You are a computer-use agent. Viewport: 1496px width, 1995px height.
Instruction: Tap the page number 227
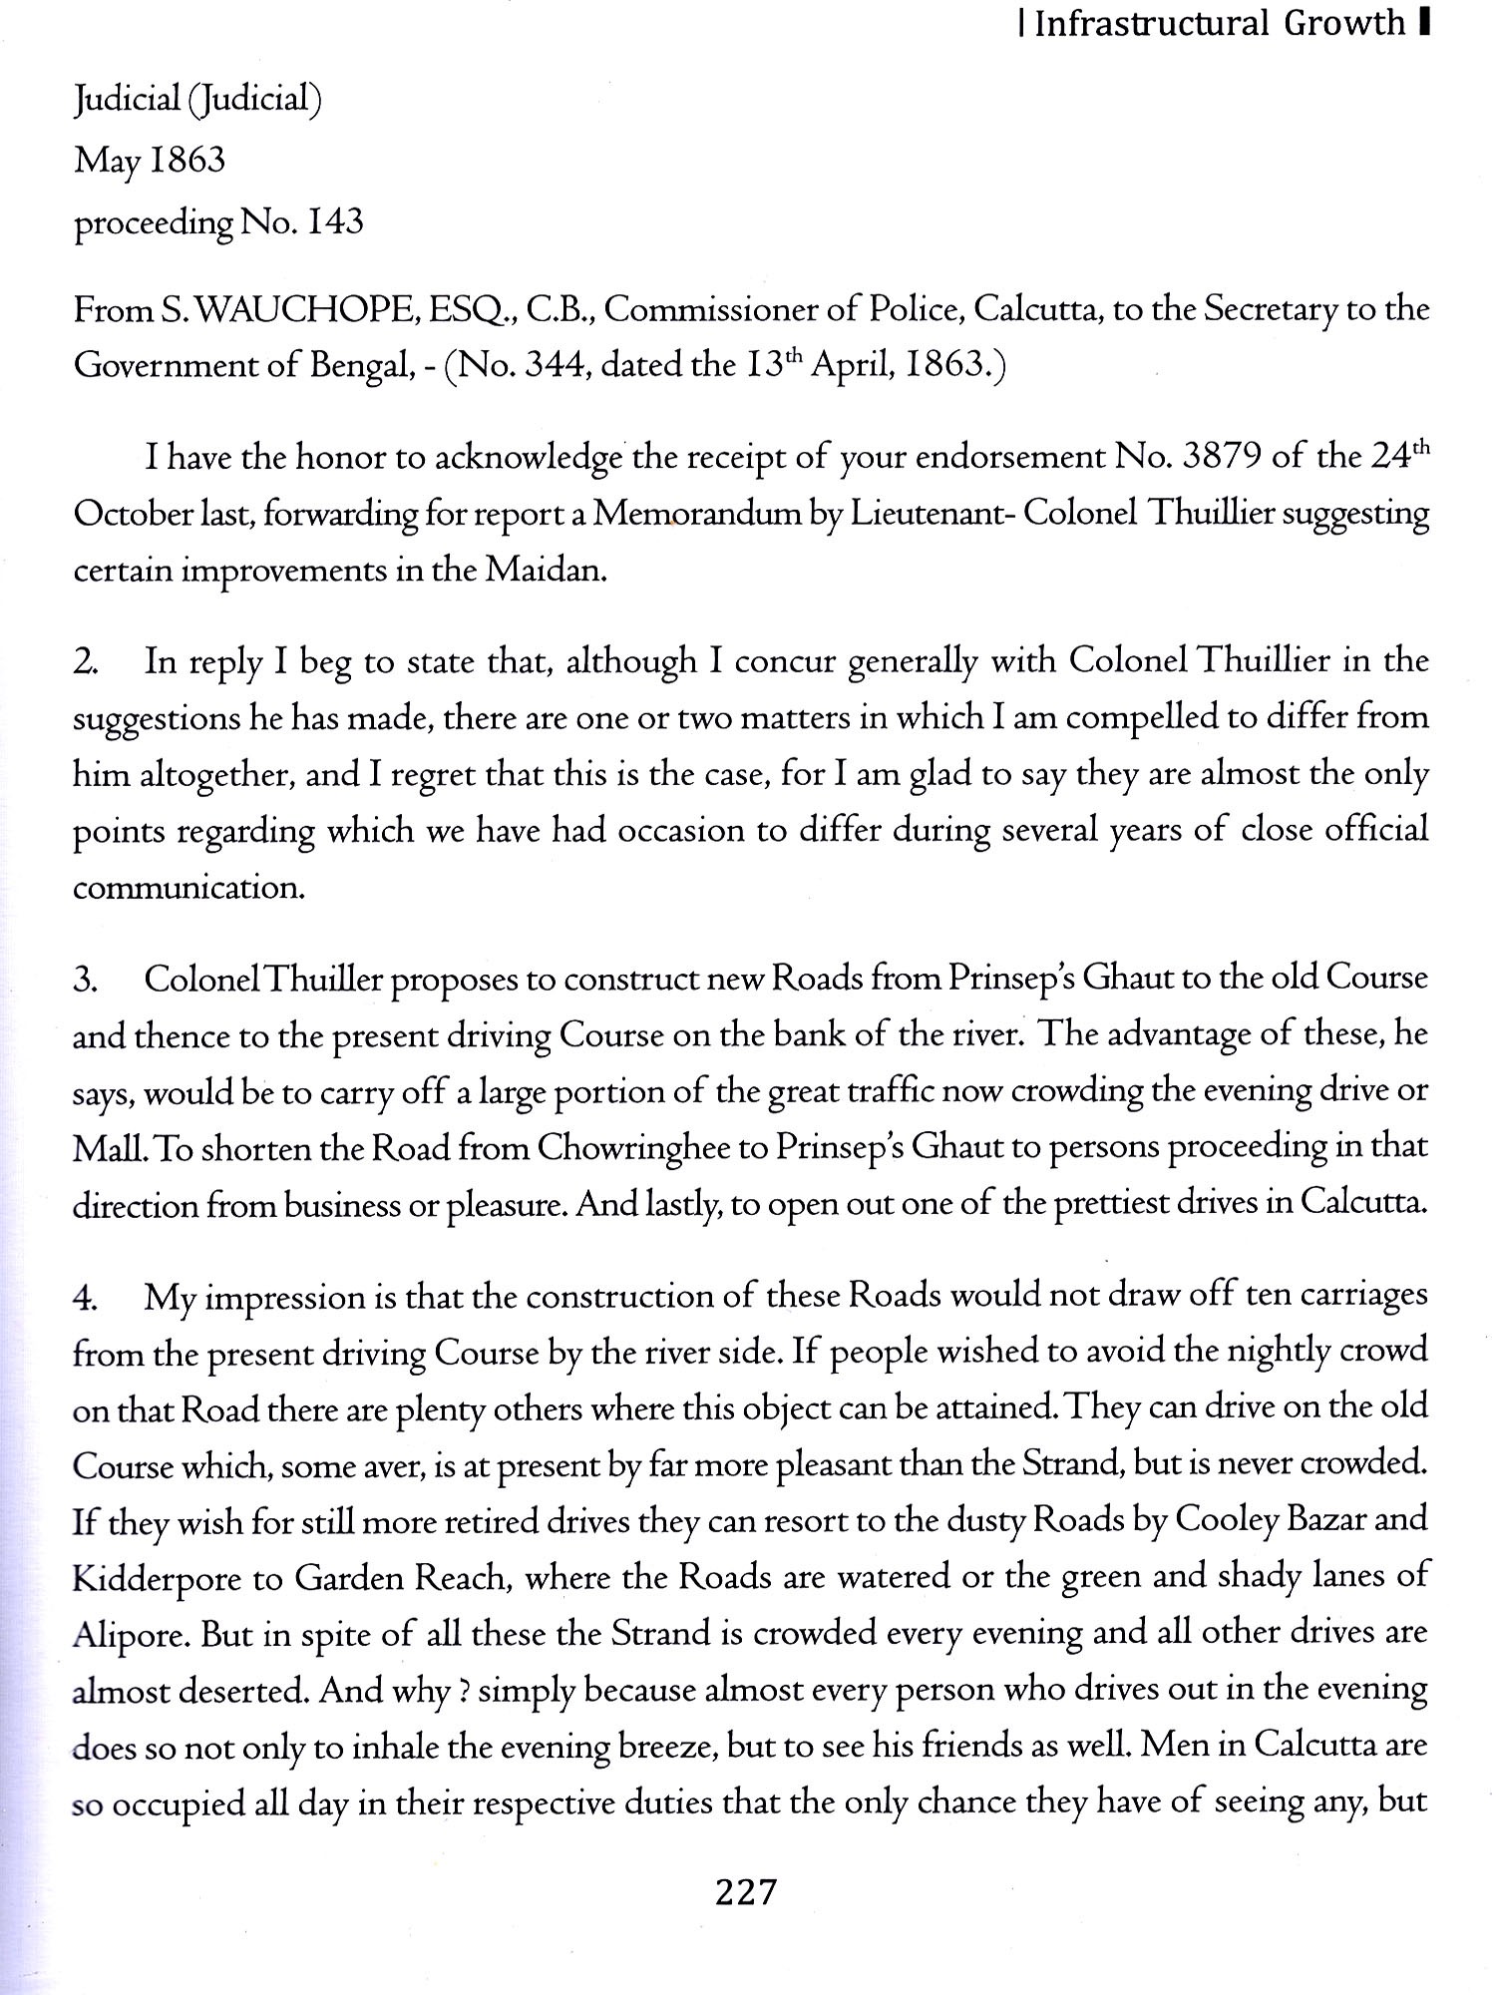(x=745, y=1890)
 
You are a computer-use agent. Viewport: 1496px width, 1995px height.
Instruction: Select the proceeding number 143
(x=335, y=222)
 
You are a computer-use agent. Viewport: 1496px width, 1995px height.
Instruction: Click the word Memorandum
(x=705, y=515)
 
